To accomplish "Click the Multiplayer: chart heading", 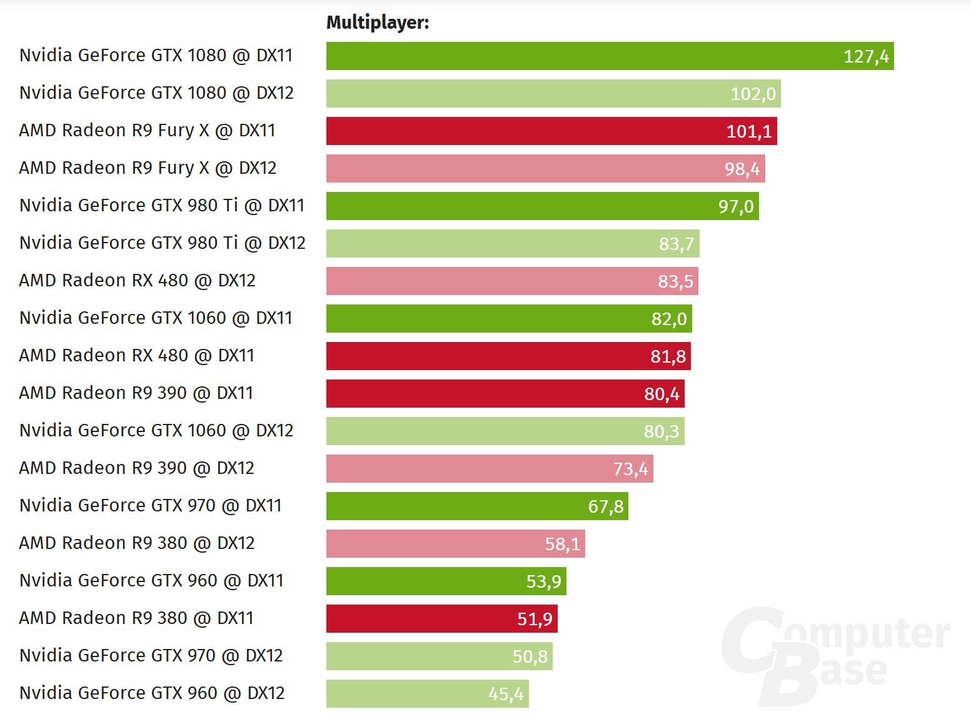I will tap(378, 23).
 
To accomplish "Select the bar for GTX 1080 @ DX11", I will tap(610, 56).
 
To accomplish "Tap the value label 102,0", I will tap(753, 94).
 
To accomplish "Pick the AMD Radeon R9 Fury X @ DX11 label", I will tap(148, 130).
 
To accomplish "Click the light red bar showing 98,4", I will tap(545, 169).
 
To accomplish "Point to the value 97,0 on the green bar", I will tap(736, 206).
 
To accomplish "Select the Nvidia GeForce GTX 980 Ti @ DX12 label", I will tap(163, 243).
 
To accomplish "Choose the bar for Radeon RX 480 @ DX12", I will tap(512, 281).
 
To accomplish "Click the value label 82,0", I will tap(669, 319).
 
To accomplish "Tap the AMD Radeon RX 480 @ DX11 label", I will tap(137, 355).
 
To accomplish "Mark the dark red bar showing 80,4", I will tap(505, 394).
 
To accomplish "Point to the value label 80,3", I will tap(661, 431).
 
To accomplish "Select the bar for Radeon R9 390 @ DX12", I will tap(490, 469).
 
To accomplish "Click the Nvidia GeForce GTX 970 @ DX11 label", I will tap(151, 505).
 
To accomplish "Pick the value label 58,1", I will tap(562, 544).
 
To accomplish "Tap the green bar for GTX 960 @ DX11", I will tap(446, 581).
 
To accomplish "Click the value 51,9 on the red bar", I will tap(535, 619).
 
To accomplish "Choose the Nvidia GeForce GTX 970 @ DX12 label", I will tap(151, 655).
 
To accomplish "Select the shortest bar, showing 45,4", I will tap(427, 694).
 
